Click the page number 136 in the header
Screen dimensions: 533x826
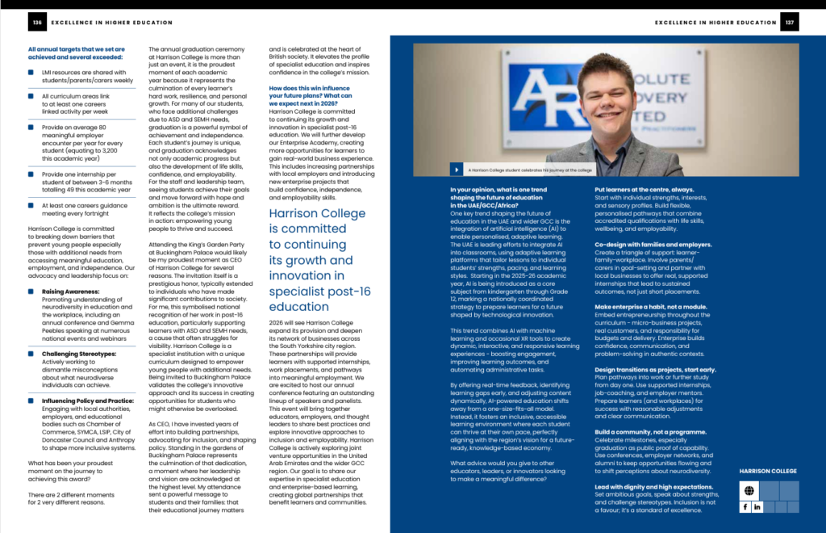point(37,23)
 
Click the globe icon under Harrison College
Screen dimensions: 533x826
point(749,491)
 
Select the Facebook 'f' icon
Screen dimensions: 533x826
point(745,506)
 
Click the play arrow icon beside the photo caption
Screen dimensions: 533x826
point(458,170)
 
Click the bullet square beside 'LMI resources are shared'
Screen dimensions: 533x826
point(30,72)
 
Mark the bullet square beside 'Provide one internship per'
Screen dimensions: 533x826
point(30,174)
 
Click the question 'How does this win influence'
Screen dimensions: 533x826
point(309,87)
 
